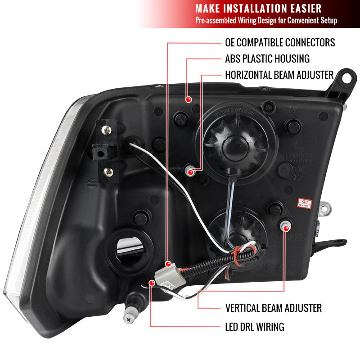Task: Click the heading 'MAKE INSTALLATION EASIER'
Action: pyautogui.click(x=258, y=9)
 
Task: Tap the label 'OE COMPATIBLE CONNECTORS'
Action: pyautogui.click(x=280, y=43)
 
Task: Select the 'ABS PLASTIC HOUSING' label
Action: pyautogui.click(x=267, y=58)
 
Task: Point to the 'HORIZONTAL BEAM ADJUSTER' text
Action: pyautogui.click(x=279, y=75)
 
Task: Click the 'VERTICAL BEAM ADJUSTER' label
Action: pyautogui.click(x=273, y=308)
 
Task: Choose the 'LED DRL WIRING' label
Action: pyautogui.click(x=254, y=327)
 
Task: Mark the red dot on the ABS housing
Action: pyautogui.click(x=190, y=99)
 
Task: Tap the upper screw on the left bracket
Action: pyautogui.click(x=106, y=130)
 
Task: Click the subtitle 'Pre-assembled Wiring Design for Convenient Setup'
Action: pyautogui.click(x=265, y=21)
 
